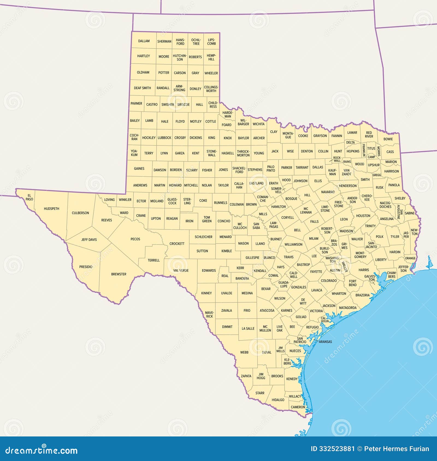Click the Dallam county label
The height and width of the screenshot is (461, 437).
144,41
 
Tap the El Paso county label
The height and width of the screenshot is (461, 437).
29,197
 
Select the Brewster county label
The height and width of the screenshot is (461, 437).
119,274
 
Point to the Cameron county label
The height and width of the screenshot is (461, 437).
298,407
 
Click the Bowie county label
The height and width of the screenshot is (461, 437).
388,139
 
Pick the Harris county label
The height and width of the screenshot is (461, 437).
364,270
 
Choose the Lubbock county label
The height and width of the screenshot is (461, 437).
164,138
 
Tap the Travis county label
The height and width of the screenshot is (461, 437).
288,257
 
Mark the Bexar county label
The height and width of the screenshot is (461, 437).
266,289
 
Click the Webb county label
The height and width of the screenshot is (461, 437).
244,352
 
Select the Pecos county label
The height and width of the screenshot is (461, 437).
135,239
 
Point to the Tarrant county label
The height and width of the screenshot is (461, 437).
302,167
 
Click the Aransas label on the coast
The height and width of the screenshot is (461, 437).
325,342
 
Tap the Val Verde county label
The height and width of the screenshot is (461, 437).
181,270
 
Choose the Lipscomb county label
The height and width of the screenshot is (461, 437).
211,42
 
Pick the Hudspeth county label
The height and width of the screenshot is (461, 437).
51,209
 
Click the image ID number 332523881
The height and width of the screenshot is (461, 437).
333,449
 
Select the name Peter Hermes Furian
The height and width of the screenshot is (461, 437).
397,449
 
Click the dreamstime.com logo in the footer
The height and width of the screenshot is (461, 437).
41,450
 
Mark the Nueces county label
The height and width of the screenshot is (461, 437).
295,351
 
